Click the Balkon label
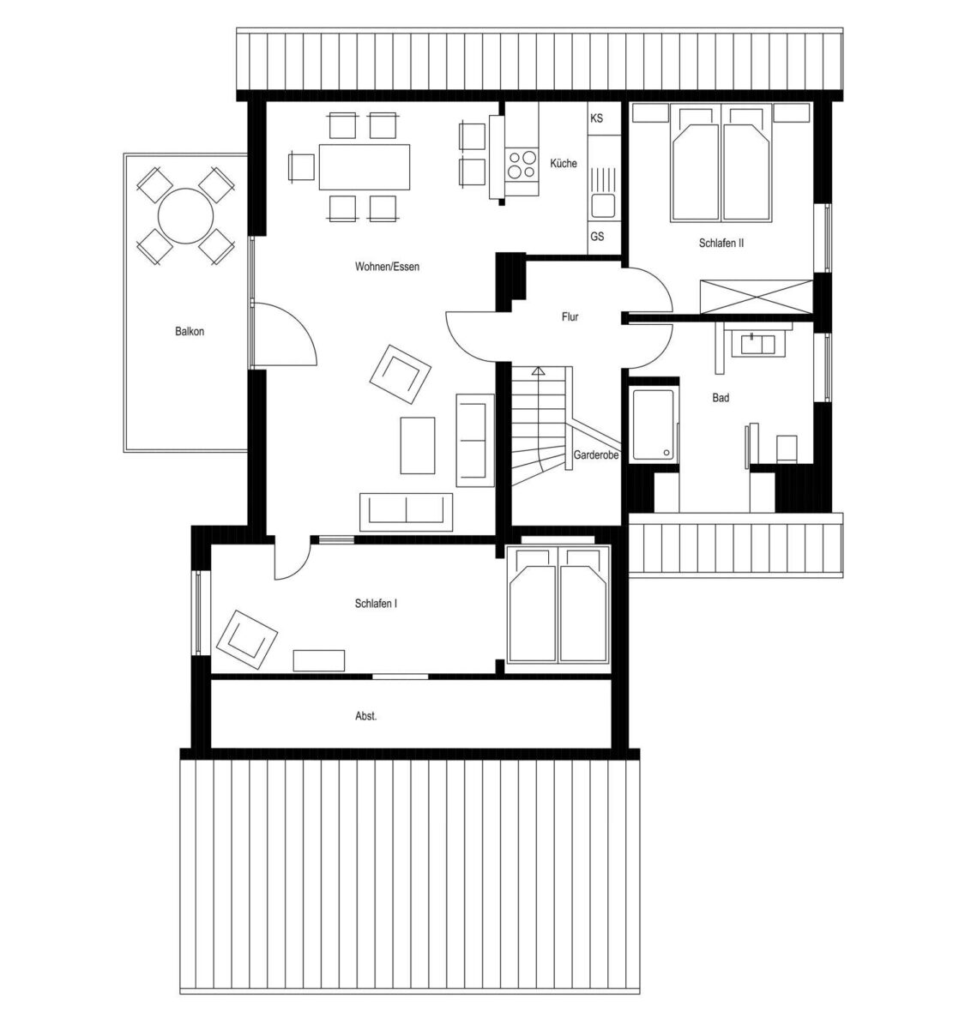tap(190, 332)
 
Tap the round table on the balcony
tap(185, 216)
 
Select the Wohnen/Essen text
tap(387, 267)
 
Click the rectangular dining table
tap(364, 167)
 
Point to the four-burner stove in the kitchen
tap(521, 165)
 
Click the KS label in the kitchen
tap(596, 118)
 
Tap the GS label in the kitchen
tap(597, 237)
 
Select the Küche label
tap(563, 163)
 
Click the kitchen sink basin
tap(603, 205)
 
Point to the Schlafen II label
tap(721, 243)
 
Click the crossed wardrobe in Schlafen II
tap(756, 297)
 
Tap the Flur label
tap(570, 316)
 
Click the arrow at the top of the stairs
tap(538, 371)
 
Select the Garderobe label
tap(595, 455)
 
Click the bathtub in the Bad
tap(653, 424)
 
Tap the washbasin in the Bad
tap(757, 345)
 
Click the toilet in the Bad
tap(787, 448)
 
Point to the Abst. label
tap(366, 716)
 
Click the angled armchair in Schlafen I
tap(247, 640)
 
